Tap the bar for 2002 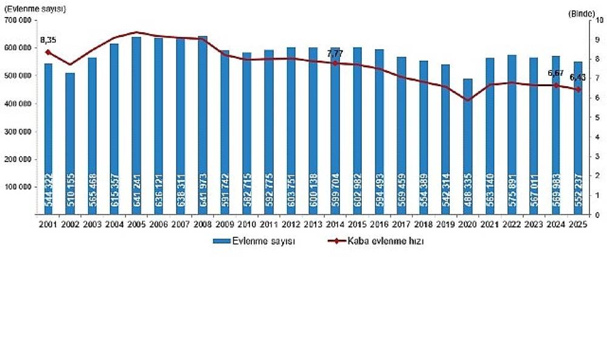click(x=70, y=143)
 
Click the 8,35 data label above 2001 click(x=49, y=40)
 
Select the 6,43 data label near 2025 click(x=577, y=78)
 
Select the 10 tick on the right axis click(x=599, y=20)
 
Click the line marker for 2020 click(x=467, y=100)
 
